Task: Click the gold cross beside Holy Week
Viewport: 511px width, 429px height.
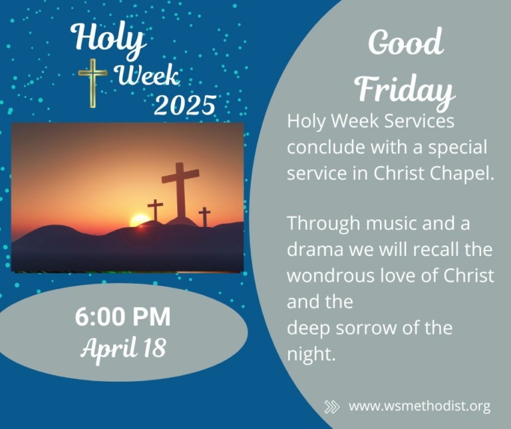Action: [93, 83]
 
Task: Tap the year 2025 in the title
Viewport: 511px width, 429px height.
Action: [185, 105]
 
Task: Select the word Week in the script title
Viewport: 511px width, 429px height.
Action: [148, 76]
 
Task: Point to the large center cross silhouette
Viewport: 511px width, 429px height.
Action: [180, 191]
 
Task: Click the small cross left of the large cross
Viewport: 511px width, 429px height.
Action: [155, 210]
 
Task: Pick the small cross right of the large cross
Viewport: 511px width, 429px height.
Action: [205, 216]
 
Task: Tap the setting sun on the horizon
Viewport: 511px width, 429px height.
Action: [140, 220]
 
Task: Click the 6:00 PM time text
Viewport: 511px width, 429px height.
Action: [123, 316]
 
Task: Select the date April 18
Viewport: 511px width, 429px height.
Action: [124, 348]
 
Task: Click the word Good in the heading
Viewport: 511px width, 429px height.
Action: [406, 43]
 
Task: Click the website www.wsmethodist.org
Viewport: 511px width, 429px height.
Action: [419, 406]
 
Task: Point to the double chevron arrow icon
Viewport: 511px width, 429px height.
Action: [332, 407]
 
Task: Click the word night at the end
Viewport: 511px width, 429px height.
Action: [311, 353]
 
